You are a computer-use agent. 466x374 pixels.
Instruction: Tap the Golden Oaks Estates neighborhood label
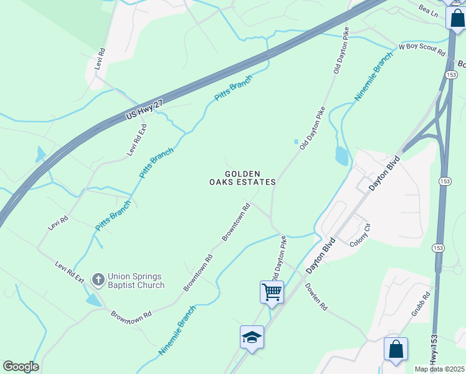242,178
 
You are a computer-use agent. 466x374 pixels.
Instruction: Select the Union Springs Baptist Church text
136,280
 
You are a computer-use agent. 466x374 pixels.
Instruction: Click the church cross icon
98,280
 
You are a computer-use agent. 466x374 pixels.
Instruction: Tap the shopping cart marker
272,292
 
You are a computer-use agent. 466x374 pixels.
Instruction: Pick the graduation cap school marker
252,337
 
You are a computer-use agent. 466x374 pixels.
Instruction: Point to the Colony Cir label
360,234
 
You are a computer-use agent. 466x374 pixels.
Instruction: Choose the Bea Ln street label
429,12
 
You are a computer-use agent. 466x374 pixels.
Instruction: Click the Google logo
21,367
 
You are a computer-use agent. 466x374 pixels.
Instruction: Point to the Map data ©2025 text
440,369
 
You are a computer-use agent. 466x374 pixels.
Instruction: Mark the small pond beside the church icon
92,300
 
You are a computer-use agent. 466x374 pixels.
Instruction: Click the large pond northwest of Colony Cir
341,156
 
